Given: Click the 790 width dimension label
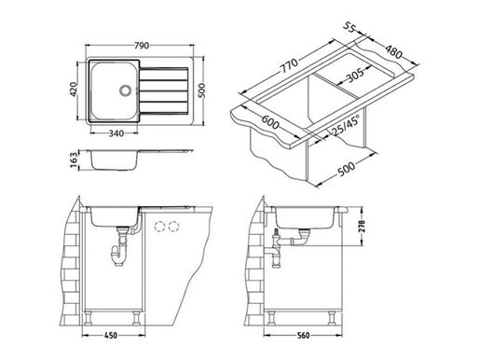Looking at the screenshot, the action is pos(142,46).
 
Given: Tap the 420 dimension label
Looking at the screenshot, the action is pos(73,90).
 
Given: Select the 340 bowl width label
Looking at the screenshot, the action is pos(117,133).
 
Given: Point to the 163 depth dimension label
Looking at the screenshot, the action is pos(74,160).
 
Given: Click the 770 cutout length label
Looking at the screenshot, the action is pos(289,65).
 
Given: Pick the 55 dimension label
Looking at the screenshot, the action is pos(350,27).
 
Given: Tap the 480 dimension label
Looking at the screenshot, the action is pos(393,51).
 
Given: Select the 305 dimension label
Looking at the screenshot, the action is pos(355,75).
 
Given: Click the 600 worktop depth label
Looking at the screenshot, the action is pos(269,122).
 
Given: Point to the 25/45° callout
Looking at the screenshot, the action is pos(346,125).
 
